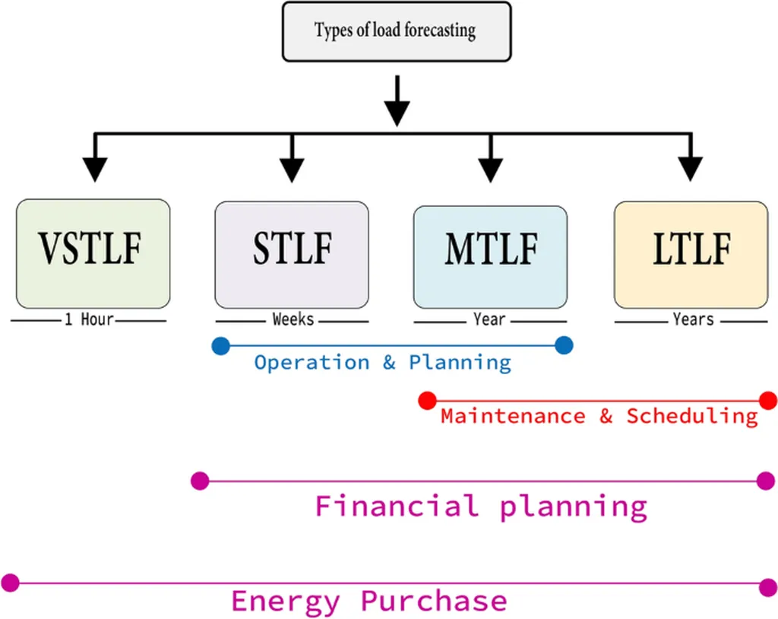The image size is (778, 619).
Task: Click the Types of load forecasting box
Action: [x=396, y=31]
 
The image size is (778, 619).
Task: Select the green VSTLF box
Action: [x=93, y=253]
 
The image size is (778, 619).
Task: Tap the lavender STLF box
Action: [x=292, y=253]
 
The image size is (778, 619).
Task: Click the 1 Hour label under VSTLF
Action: [x=89, y=319]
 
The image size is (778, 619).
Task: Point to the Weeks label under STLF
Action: [x=293, y=319]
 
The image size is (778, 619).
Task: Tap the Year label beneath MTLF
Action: [x=489, y=319]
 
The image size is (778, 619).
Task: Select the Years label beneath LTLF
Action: [x=693, y=319]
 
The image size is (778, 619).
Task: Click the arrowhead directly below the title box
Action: [x=397, y=113]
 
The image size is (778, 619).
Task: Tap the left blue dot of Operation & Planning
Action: [x=220, y=346]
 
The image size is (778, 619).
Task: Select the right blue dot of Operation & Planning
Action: [x=563, y=346]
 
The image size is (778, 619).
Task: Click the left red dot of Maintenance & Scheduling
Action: [x=427, y=400]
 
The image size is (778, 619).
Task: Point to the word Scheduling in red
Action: [x=692, y=417]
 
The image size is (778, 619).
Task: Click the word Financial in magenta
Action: [x=397, y=506]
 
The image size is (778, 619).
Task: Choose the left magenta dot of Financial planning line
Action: [x=200, y=481]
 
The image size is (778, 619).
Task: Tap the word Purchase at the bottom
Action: [x=434, y=602]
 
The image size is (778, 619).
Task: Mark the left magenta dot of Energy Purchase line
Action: [x=10, y=583]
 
